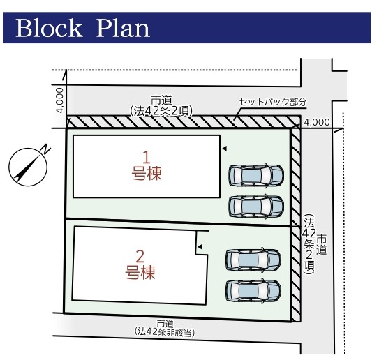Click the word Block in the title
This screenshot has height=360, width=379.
coord(49,29)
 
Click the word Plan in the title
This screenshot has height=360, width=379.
coord(123,29)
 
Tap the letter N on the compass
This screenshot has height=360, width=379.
coord(45,149)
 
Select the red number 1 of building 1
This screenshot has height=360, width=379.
coord(147,157)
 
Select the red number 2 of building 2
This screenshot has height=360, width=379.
coord(140,256)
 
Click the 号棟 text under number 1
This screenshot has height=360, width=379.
coord(147,174)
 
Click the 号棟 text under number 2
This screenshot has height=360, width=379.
coord(140,272)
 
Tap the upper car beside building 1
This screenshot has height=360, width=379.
coord(255,175)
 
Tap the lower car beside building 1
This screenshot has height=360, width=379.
coord(255,207)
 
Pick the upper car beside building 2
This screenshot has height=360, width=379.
coord(253,259)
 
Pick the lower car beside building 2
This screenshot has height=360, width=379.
coord(253,290)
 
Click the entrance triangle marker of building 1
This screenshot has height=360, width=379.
coord(225,149)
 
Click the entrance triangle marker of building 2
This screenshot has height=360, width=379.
coord(200,247)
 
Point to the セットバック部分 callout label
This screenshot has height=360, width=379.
coord(273,102)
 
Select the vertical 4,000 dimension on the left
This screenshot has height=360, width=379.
coord(59,100)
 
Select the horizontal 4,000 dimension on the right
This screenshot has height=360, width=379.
coord(317,122)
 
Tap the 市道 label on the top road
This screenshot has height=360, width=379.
coord(161,100)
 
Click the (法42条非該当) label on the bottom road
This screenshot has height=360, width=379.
coord(165,331)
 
